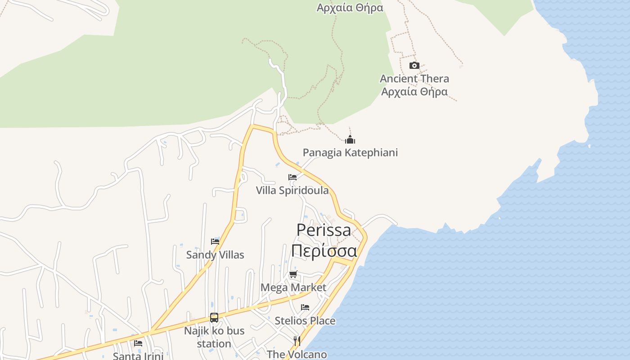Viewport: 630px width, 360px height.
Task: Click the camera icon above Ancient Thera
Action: (x=414, y=66)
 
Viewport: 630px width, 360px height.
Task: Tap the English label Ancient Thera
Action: (x=414, y=79)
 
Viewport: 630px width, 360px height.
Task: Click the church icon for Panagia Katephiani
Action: (x=350, y=139)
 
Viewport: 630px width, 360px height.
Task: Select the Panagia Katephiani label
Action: (x=350, y=153)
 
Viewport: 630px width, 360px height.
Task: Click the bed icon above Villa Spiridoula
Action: (x=292, y=177)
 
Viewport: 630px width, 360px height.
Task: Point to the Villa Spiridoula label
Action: (x=292, y=190)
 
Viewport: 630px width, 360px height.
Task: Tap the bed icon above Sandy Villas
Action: (x=215, y=242)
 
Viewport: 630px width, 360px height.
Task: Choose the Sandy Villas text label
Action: (x=215, y=255)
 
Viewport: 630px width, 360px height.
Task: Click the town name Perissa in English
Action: (x=324, y=230)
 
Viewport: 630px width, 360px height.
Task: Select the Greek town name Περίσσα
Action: (x=324, y=250)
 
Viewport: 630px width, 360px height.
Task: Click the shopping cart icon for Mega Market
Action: (x=293, y=274)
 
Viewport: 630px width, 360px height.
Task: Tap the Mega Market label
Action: (x=293, y=287)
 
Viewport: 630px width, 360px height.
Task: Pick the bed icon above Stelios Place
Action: (x=305, y=307)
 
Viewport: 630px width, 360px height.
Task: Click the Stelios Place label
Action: (x=305, y=321)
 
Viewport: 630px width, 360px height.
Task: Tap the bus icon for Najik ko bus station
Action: (x=214, y=318)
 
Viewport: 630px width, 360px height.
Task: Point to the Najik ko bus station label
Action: (x=214, y=337)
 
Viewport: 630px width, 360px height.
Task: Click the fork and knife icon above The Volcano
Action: (x=297, y=341)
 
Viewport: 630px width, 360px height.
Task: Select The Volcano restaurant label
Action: (x=297, y=354)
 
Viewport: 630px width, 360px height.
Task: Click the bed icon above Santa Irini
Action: (x=138, y=343)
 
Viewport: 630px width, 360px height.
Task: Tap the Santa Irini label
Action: (x=138, y=356)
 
